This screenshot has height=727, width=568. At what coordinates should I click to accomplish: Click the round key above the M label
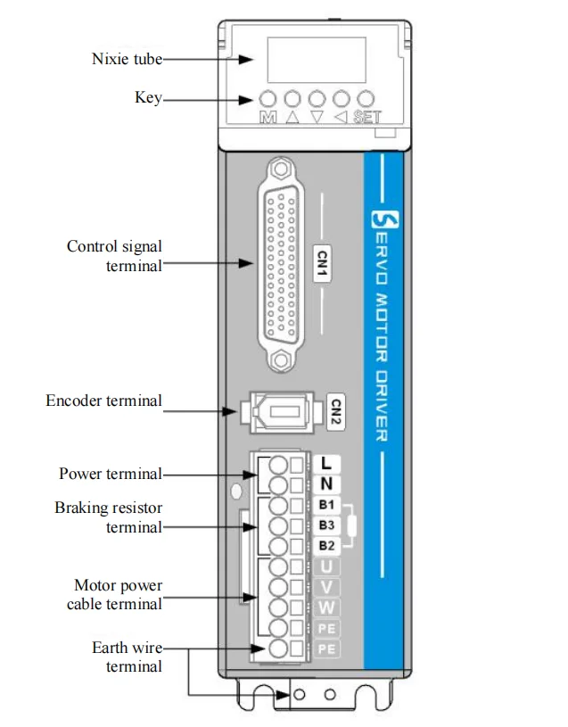268,99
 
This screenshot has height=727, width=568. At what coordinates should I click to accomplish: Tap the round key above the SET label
366,99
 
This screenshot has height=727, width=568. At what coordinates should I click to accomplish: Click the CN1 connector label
322,263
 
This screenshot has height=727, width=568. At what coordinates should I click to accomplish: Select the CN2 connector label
336,412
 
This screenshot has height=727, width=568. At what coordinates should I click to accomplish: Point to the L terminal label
326,463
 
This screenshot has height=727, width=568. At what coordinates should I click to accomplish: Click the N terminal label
326,484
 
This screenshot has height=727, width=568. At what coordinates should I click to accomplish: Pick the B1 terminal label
326,505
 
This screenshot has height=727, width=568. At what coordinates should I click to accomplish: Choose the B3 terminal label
326,525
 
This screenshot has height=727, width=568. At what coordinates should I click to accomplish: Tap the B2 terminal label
326,545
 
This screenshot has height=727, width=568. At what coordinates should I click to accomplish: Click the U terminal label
326,566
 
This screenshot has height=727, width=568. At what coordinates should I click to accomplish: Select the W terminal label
326,607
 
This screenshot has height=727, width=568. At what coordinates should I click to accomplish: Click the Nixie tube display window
317,60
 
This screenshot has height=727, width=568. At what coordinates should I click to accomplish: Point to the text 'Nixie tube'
127,59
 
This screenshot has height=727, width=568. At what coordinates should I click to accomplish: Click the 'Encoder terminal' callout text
103,401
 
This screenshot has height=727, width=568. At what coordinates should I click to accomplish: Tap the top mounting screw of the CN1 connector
279,169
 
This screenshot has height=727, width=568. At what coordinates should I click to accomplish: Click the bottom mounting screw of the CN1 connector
279,359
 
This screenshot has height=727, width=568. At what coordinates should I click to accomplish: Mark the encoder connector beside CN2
281,412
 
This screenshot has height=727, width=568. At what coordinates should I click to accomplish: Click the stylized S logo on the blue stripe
385,219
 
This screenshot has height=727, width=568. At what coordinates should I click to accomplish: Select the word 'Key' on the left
148,97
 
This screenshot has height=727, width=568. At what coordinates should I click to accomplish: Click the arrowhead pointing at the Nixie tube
246,60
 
